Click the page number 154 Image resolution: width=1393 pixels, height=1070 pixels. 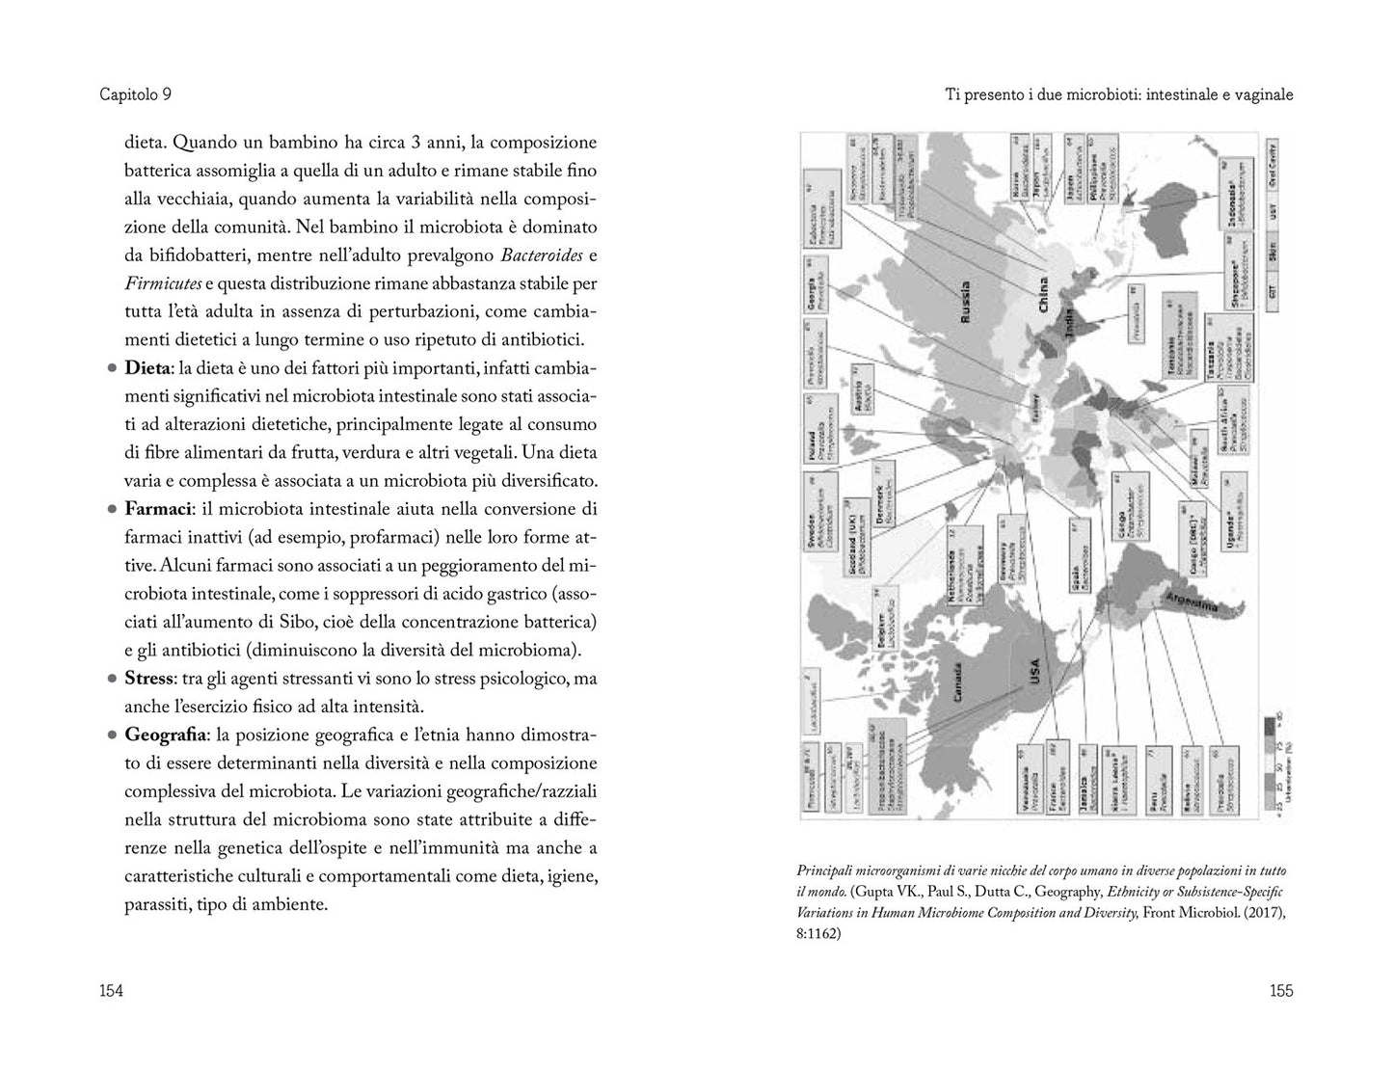point(112,990)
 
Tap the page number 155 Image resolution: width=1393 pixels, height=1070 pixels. point(1280,990)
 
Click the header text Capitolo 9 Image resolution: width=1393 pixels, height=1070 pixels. point(135,94)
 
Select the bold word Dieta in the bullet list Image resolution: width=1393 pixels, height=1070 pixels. point(146,368)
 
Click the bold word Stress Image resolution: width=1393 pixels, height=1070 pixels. point(148,679)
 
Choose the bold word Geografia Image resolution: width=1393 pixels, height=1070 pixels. point(165,735)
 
